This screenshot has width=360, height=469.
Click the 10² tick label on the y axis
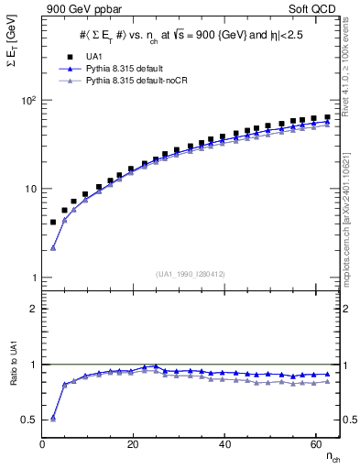tap(28, 100)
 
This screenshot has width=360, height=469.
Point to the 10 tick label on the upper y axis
tap(30, 189)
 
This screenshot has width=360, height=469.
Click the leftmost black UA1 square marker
tap(53, 223)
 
